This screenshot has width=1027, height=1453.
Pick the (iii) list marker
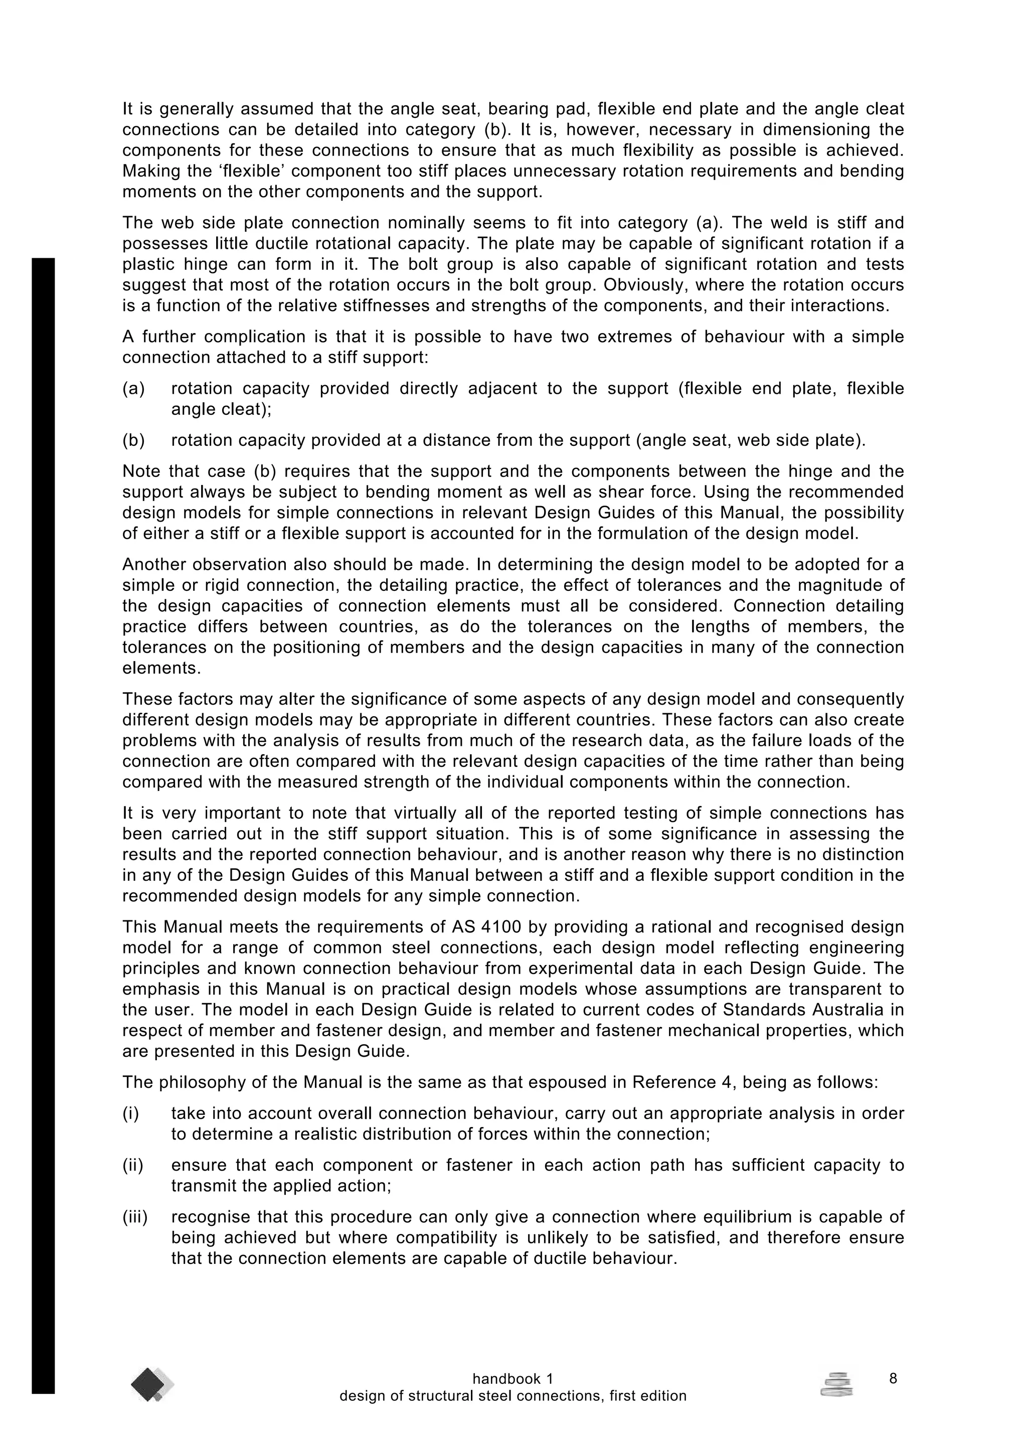tap(135, 1217)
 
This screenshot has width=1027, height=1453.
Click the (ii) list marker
tap(133, 1165)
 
